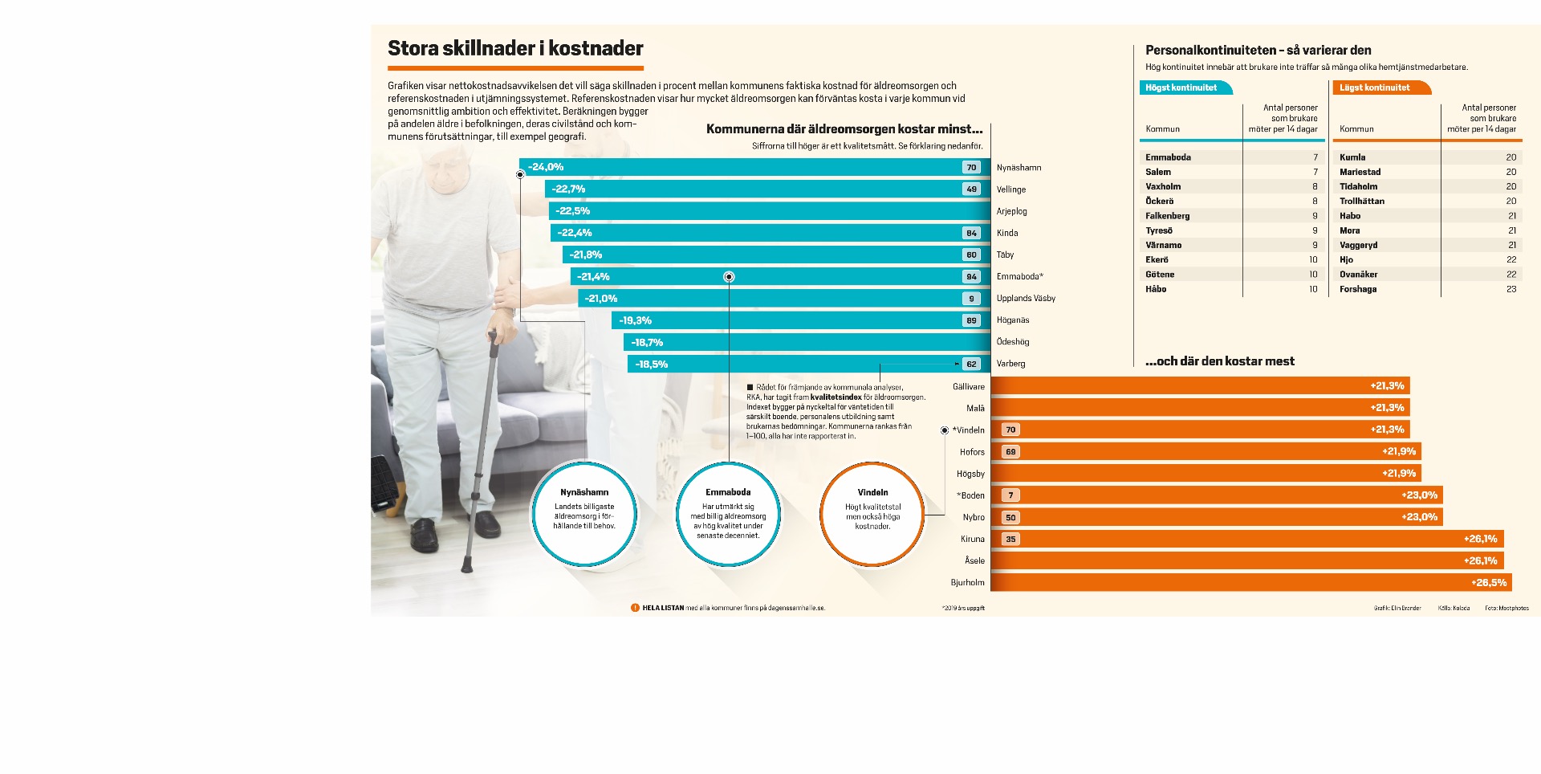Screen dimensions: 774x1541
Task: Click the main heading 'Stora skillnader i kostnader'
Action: [x=515, y=48]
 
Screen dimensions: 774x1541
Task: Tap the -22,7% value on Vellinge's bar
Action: [x=568, y=189]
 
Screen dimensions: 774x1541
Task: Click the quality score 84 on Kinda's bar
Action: [x=971, y=233]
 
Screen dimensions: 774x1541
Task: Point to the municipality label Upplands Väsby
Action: [x=1026, y=299]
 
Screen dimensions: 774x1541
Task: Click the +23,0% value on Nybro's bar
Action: [x=1419, y=517]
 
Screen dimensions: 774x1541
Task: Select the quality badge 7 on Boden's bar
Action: [x=1010, y=495]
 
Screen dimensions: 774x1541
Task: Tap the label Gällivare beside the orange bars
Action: [x=968, y=387]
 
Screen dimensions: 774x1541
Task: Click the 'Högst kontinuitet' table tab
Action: [x=1181, y=88]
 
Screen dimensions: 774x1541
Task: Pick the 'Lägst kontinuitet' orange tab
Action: [x=1375, y=88]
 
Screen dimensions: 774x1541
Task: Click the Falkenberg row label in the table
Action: [x=1167, y=216]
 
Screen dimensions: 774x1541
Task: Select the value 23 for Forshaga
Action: [x=1511, y=289]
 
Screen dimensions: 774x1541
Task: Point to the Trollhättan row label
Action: [x=1361, y=202]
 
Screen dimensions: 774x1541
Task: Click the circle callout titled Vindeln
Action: [x=872, y=514]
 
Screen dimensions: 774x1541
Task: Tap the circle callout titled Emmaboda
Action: [x=728, y=514]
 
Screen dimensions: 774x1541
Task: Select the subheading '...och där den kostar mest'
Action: [x=1219, y=361]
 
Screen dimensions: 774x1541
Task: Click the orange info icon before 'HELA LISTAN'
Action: [x=635, y=608]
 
